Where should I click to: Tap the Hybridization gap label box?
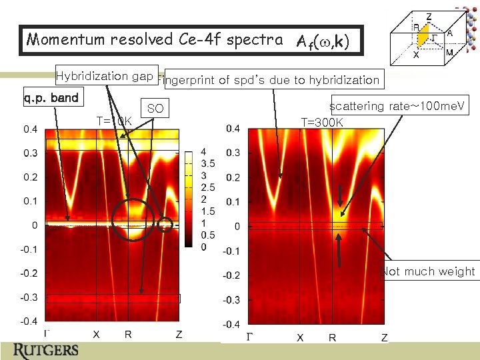click(x=106, y=76)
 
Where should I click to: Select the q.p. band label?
click(x=51, y=99)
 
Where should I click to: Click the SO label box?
click(x=155, y=109)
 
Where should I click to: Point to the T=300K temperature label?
click(x=322, y=122)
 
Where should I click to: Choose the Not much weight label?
click(x=429, y=271)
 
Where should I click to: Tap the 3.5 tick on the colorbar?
click(x=208, y=162)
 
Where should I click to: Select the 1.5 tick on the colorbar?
click(x=208, y=211)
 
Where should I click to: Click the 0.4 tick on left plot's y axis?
click(x=31, y=129)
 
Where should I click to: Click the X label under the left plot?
click(x=96, y=335)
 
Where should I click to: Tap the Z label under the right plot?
click(x=384, y=338)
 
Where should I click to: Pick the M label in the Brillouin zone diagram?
click(x=449, y=53)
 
